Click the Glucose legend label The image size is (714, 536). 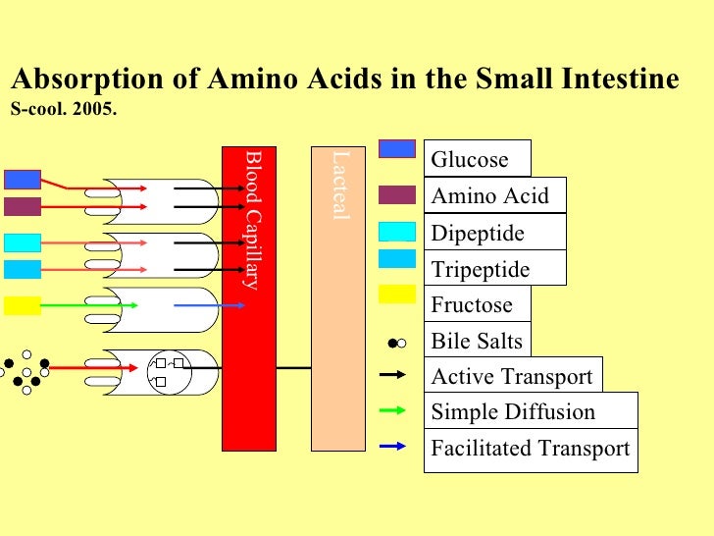click(x=470, y=160)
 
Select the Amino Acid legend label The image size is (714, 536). click(x=490, y=195)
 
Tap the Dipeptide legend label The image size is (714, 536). click(x=478, y=234)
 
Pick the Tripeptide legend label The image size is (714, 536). click(x=481, y=270)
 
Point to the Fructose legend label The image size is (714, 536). click(x=472, y=305)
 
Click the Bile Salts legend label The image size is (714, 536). click(x=477, y=342)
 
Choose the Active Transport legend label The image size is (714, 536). click(x=512, y=377)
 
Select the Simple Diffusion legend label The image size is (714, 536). click(x=513, y=411)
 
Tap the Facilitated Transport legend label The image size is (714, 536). click(x=530, y=449)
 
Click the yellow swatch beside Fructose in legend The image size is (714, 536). click(x=397, y=294)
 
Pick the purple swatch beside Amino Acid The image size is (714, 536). click(x=397, y=194)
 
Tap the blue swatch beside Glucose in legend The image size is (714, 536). click(x=397, y=148)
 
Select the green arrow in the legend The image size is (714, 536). click(x=392, y=410)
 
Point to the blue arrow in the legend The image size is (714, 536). click(x=392, y=447)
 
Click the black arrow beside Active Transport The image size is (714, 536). click(x=392, y=375)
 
